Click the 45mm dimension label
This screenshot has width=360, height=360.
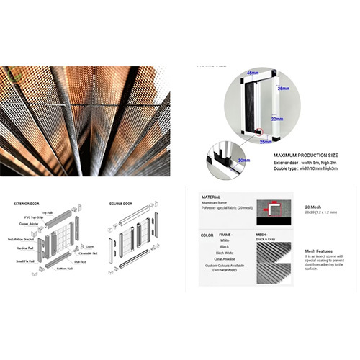coord(251,73)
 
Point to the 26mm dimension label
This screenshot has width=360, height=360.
coord(282,89)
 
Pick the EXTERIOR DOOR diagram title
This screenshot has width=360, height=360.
coord(27,204)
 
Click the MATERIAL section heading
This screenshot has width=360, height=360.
coord(210,196)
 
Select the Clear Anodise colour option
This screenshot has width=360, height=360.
coord(225,259)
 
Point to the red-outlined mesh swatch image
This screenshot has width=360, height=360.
coord(274,208)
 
